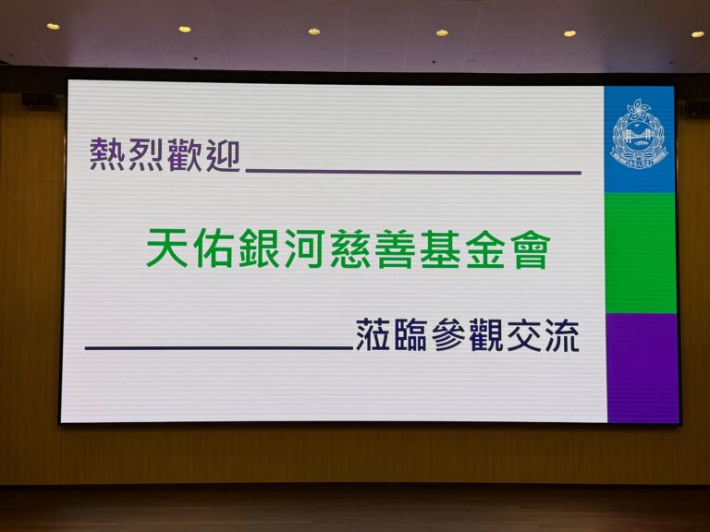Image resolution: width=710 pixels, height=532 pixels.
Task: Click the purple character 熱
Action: [x=108, y=155]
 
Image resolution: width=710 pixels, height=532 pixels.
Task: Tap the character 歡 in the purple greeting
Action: [x=184, y=155]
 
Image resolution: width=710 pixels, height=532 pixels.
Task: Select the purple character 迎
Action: [x=223, y=155]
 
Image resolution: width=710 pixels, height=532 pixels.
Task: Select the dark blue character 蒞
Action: [x=373, y=334]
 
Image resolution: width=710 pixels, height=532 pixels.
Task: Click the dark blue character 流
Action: [x=562, y=335]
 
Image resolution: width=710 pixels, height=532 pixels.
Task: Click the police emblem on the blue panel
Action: [x=640, y=134]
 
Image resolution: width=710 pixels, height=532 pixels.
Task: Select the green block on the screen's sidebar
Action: [x=641, y=253]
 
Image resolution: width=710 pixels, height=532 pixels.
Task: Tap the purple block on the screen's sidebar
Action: [x=643, y=368]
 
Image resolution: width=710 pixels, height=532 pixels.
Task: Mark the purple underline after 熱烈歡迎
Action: [x=413, y=172]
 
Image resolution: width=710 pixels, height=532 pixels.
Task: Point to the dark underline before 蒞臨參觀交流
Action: [x=219, y=348]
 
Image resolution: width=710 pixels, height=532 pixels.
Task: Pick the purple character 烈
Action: [x=146, y=155]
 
